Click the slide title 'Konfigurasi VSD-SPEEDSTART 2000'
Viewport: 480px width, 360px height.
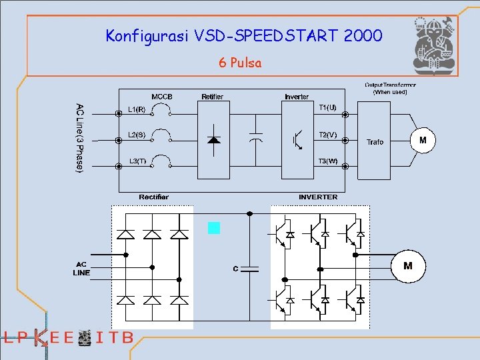[244, 35]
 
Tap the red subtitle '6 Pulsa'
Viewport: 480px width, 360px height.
[240, 63]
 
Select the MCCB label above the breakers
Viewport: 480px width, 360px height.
[162, 97]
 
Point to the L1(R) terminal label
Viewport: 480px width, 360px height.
[137, 109]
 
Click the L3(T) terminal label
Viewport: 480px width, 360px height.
[137, 161]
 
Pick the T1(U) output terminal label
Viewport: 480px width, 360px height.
[327, 107]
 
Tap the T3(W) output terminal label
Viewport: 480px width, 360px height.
[327, 161]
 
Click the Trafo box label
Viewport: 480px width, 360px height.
[375, 142]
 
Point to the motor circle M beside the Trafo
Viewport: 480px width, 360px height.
[423, 141]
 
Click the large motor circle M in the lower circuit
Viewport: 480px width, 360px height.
[408, 266]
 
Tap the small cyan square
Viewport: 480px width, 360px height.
[213, 228]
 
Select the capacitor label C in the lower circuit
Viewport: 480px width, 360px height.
[235, 269]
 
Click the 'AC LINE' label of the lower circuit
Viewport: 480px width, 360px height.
[81, 268]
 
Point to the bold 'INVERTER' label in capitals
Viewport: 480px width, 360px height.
[318, 197]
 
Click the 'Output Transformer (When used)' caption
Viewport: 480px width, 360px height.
[390, 88]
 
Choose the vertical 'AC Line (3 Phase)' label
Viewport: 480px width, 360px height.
[80, 138]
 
